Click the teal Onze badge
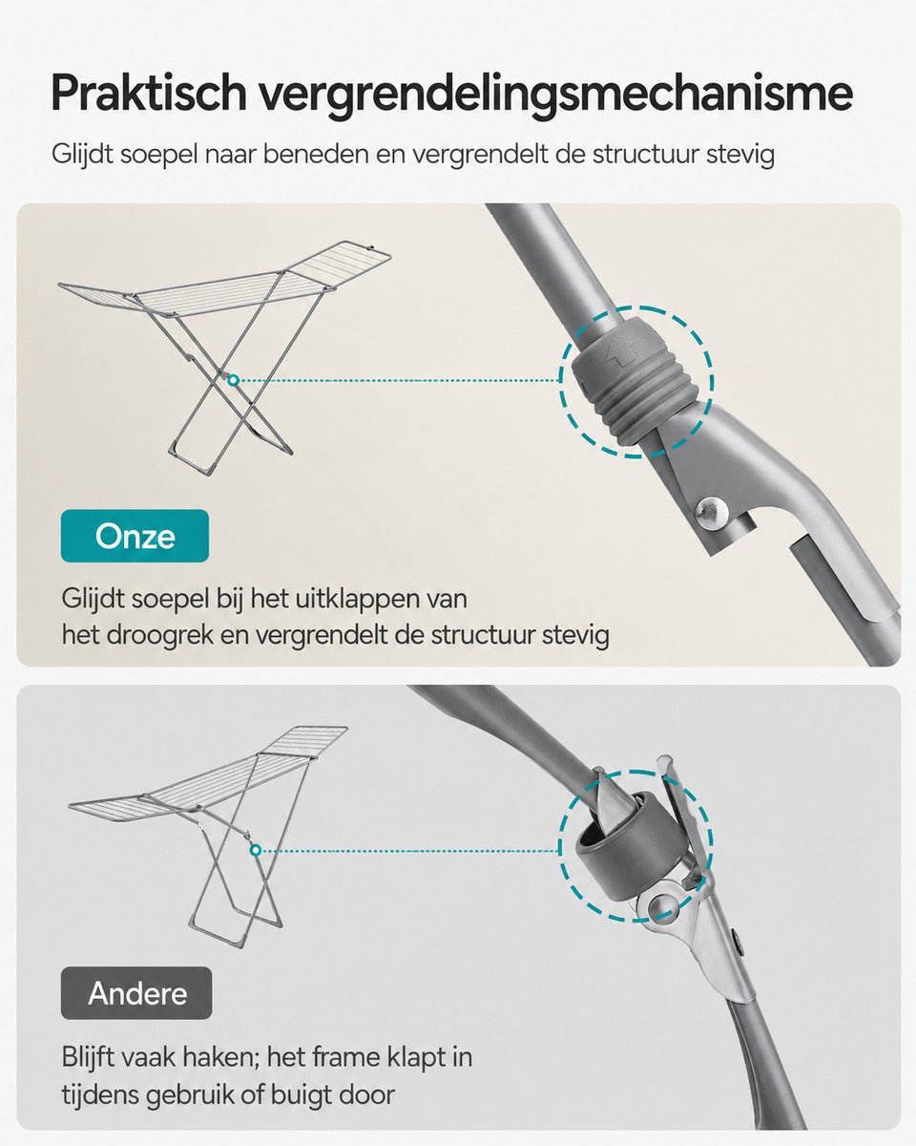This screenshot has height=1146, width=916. pyautogui.click(x=135, y=536)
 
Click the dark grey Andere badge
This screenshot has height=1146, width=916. pyautogui.click(x=136, y=992)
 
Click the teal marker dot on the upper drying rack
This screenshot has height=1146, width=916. pyautogui.click(x=233, y=380)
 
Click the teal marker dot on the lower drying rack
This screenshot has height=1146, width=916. pyautogui.click(x=256, y=851)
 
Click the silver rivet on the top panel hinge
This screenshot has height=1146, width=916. pyautogui.click(x=713, y=512)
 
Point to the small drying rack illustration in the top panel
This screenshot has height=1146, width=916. pyautogui.click(x=224, y=358)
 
